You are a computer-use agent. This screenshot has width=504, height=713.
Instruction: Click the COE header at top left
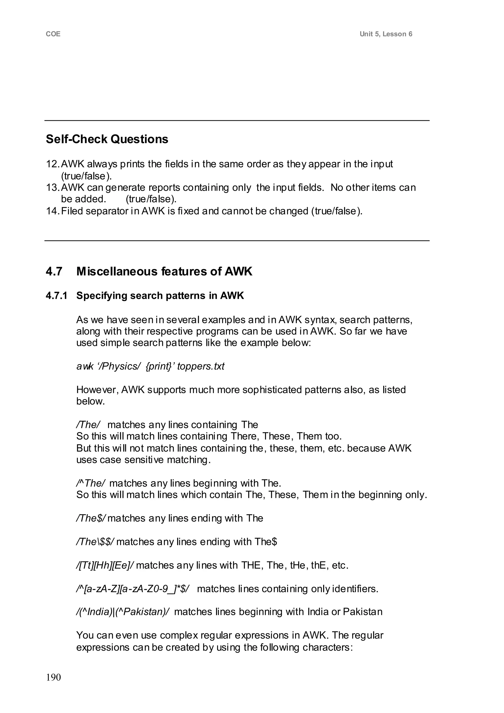click(x=53, y=34)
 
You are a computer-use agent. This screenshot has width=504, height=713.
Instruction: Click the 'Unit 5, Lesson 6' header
click(x=386, y=34)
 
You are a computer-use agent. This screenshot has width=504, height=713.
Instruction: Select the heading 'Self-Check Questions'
click(x=107, y=139)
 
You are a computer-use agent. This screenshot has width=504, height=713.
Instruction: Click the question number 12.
click(x=52, y=164)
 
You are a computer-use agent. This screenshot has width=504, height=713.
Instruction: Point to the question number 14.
click(x=52, y=211)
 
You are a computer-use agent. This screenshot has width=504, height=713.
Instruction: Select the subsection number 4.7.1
click(x=57, y=295)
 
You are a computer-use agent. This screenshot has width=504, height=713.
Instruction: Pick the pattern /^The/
click(x=91, y=483)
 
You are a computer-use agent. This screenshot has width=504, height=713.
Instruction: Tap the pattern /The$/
click(x=91, y=518)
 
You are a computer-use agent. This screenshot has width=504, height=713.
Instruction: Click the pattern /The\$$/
click(x=95, y=542)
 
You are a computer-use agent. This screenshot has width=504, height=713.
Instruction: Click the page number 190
click(x=53, y=677)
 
